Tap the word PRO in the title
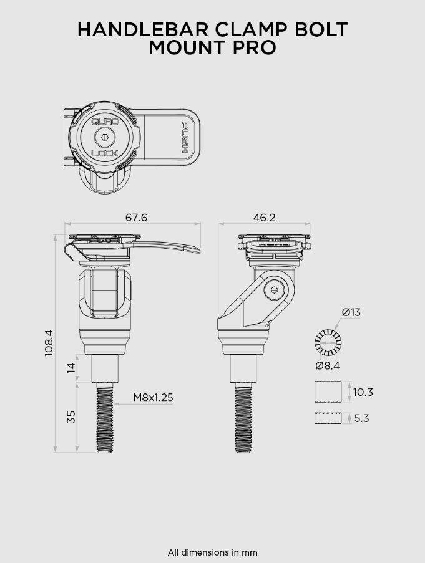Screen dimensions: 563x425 tap(254, 47)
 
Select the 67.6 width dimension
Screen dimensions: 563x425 tap(136, 218)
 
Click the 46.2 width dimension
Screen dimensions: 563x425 tap(264, 218)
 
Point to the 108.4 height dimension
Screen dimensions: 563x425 tap(49, 343)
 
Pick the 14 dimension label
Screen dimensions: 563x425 tap(71, 368)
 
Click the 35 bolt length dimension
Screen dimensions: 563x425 tap(71, 416)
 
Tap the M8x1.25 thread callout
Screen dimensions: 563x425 tap(153, 397)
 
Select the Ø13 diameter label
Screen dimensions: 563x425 tap(351, 312)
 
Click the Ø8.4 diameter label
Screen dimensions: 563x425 tap(328, 366)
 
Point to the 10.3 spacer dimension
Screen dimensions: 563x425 tap(363, 392)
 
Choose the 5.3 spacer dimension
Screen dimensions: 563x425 tap(361, 418)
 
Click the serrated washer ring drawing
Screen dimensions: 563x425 tap(328, 342)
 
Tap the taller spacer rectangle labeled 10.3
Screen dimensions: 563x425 tap(328, 392)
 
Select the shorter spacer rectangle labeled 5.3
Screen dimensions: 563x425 tap(328, 418)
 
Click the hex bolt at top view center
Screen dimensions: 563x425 tap(105, 137)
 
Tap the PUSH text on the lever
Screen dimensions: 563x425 tap(185, 137)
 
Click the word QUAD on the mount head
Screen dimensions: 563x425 tap(105, 122)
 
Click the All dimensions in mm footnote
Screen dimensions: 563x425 tap(212, 552)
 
